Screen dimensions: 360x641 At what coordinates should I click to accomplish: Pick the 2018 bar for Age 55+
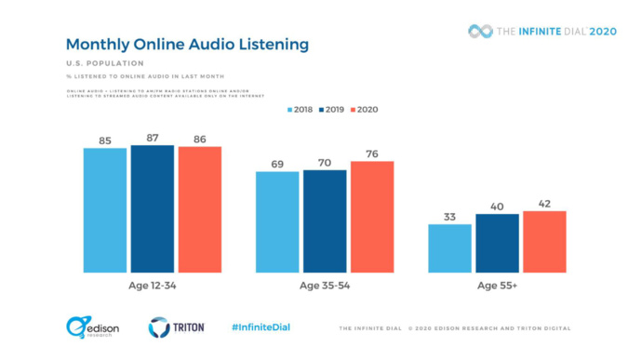[x=450, y=248]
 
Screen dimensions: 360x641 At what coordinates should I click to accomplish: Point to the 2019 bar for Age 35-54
[x=325, y=221]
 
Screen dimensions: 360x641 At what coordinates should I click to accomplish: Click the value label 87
[x=152, y=138]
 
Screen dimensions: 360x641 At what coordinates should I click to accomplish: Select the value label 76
[x=371, y=153]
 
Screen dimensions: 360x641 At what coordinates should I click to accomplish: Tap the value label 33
[x=450, y=217]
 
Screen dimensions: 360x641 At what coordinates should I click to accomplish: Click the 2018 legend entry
[x=298, y=109]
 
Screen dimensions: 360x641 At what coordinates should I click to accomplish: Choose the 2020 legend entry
[x=363, y=109]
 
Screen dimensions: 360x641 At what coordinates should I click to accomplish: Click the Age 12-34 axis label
[x=152, y=287]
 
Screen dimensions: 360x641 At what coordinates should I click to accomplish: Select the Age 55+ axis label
[x=497, y=287]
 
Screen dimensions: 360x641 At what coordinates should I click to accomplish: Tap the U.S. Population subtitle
[x=97, y=63]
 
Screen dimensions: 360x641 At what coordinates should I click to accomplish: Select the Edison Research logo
[x=87, y=327]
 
